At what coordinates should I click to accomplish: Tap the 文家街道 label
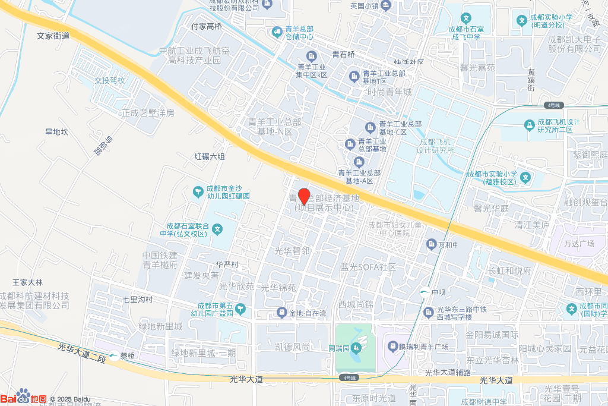click(53, 36)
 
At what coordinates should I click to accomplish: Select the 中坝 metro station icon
click(425, 292)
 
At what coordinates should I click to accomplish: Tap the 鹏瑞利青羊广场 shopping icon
click(392, 345)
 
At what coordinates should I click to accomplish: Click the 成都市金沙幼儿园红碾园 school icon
click(198, 191)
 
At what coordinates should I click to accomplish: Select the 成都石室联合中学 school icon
click(218, 229)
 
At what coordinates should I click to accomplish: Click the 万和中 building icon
click(432, 244)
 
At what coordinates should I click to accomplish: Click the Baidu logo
click(24, 398)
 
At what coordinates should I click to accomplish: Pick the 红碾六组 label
click(210, 157)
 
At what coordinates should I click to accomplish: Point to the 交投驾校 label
click(110, 80)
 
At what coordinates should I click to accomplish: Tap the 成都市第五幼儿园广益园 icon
click(240, 308)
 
